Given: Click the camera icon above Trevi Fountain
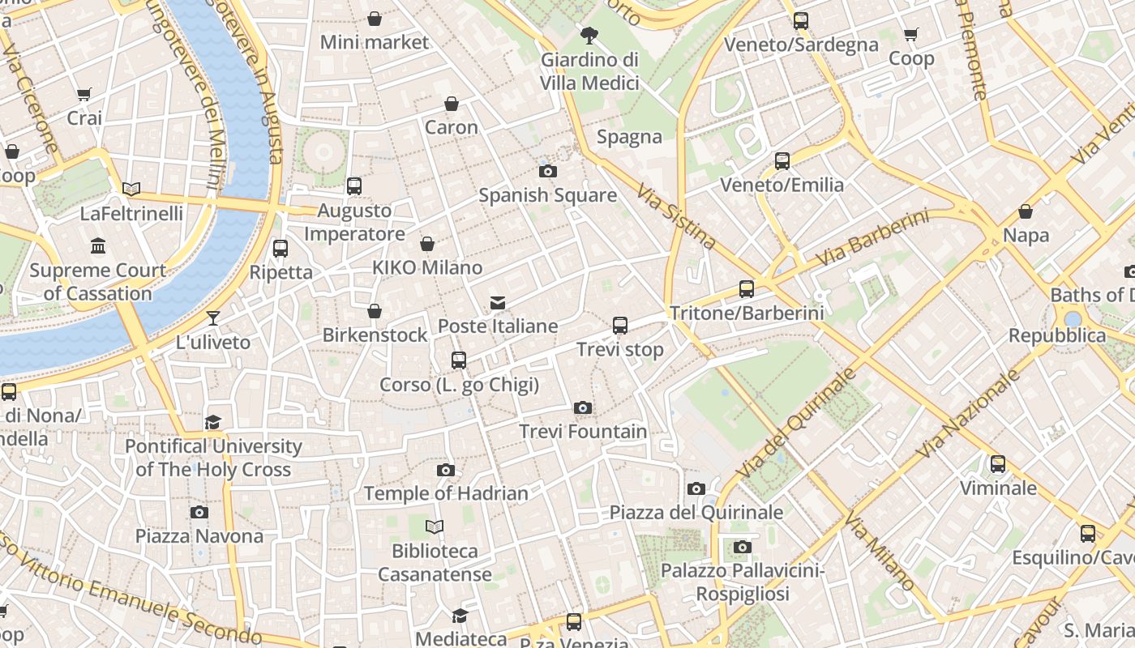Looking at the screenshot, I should (582, 407).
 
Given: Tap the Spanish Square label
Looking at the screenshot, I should (547, 195).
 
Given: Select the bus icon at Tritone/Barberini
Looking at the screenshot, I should (746, 288).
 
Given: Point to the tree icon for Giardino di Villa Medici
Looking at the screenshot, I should (589, 35).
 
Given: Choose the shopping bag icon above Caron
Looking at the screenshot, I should (452, 104).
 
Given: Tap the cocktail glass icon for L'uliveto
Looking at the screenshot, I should (213, 318).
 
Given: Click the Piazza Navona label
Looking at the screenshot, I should (199, 535).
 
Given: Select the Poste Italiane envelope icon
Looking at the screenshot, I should (498, 303).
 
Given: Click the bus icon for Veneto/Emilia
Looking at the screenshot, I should (782, 160).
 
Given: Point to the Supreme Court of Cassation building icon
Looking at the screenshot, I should (98, 245).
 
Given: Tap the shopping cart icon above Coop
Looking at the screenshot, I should (911, 34).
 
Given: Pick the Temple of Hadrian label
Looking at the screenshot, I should (446, 492).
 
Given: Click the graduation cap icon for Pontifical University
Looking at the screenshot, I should (212, 422).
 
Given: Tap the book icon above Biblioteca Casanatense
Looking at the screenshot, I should (435, 527).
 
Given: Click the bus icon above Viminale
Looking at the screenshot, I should (997, 464).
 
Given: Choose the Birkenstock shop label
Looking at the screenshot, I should (375, 335).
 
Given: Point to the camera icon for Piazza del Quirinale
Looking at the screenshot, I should (696, 488).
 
